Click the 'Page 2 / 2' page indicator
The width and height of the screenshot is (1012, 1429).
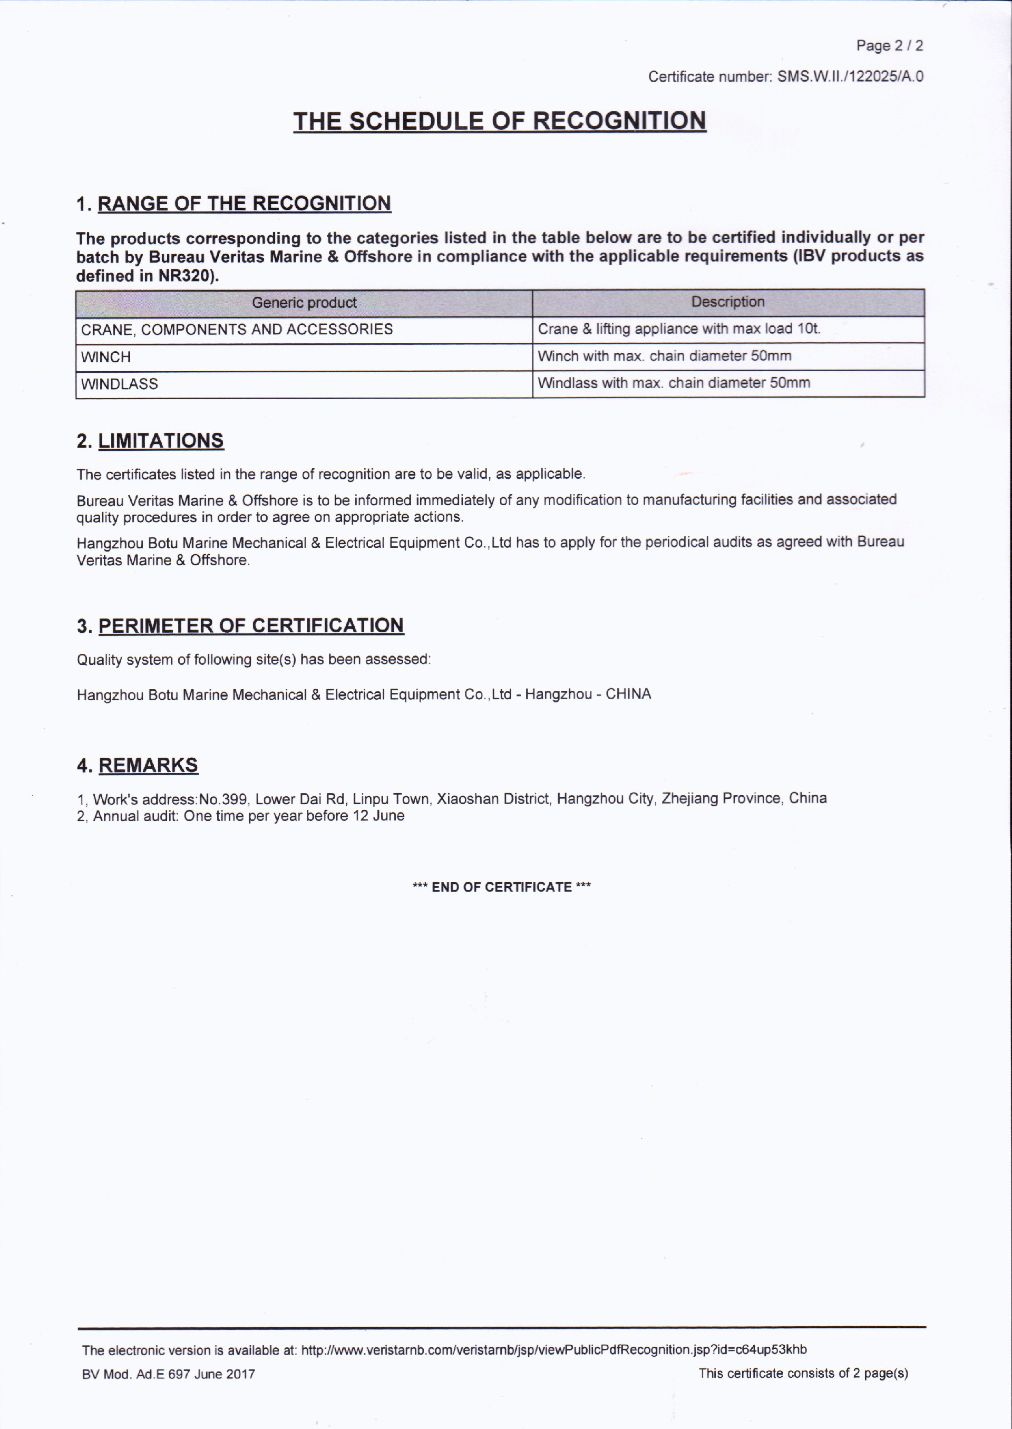[889, 45]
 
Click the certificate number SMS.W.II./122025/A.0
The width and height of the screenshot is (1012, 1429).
[850, 76]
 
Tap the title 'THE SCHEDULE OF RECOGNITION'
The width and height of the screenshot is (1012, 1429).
[499, 121]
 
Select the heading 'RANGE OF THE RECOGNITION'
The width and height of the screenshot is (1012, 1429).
[244, 203]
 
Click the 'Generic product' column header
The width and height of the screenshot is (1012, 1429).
[304, 303]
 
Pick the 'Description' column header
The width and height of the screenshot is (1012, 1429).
[727, 302]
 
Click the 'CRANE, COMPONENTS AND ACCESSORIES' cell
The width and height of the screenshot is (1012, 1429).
[237, 329]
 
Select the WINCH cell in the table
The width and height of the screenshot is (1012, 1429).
[106, 358]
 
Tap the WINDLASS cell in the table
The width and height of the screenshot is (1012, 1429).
[119, 384]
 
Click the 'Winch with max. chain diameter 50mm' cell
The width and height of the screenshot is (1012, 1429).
[664, 356]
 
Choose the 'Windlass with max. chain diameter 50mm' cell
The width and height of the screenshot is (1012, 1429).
[674, 383]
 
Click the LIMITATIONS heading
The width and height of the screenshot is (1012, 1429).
[160, 441]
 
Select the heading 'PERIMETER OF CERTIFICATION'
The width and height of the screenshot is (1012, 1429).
[250, 625]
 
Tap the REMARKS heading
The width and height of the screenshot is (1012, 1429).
[148, 765]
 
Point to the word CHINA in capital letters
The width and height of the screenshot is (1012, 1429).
[628, 694]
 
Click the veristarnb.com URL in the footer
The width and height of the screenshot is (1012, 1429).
[553, 1350]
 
